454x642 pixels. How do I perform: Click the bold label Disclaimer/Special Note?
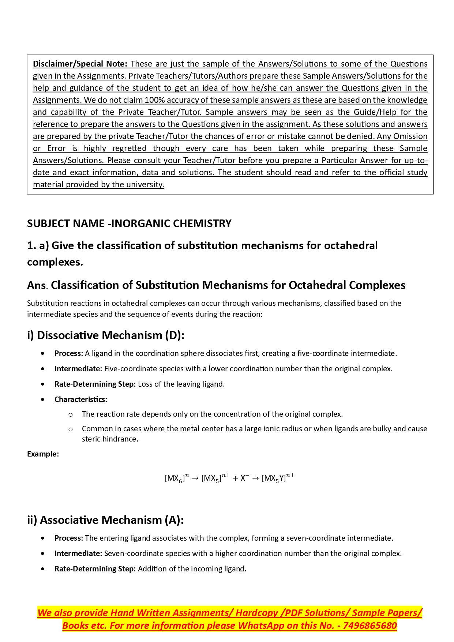click(80, 64)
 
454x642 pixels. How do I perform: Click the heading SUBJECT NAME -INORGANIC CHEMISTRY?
click(129, 224)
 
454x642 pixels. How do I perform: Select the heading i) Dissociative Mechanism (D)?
click(105, 335)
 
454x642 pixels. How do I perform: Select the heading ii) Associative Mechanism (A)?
click(105, 520)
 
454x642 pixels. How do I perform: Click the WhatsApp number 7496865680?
click(370, 626)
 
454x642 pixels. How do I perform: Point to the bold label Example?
click(43, 454)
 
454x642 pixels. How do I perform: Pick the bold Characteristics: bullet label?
click(80, 399)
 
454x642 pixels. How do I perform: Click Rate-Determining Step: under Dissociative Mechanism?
click(95, 384)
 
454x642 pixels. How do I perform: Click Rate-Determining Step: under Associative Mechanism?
click(95, 569)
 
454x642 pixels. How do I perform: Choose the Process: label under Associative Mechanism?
click(68, 538)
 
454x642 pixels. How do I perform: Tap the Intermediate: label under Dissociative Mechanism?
click(78, 369)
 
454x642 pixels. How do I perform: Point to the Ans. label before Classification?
click(37, 285)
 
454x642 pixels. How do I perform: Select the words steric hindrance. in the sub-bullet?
click(110, 439)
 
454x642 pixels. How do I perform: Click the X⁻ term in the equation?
click(245, 478)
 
